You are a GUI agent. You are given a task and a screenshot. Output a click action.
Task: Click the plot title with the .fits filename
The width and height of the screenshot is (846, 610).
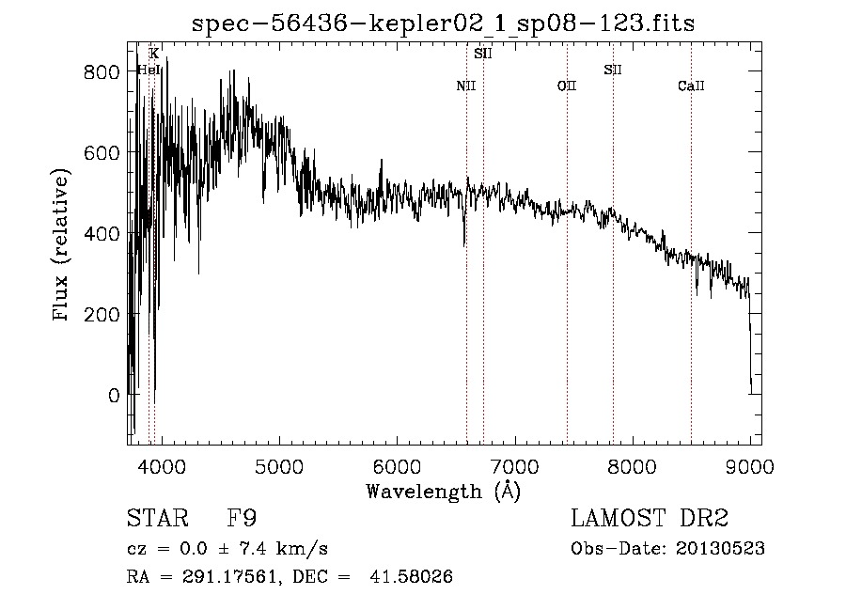[x=443, y=24]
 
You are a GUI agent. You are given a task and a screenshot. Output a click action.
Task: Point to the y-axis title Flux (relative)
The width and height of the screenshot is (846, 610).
[x=62, y=246]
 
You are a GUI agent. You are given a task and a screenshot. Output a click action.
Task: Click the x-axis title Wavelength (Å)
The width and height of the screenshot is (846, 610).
[x=443, y=491]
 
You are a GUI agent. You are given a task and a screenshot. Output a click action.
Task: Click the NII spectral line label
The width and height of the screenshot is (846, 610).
[x=466, y=86]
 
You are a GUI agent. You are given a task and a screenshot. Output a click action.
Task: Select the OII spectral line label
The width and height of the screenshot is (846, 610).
[x=566, y=86]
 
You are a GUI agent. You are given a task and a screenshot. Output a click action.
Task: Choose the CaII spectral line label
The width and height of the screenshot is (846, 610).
[x=691, y=86]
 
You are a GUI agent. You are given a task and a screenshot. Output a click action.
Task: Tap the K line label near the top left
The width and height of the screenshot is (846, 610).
[x=153, y=54]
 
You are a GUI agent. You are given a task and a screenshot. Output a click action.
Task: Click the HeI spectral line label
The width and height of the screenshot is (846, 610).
[x=149, y=70]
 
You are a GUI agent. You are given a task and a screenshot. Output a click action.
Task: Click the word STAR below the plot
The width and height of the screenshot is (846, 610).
[x=157, y=518]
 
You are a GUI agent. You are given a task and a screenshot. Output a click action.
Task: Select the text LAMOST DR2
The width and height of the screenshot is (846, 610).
[x=650, y=518]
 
